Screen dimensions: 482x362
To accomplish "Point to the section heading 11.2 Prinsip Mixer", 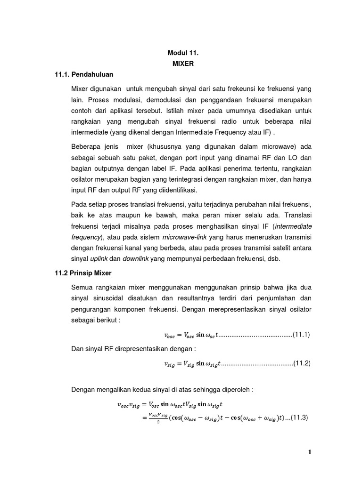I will [x=83, y=273].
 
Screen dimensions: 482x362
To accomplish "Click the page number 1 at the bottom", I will [x=310, y=452].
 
